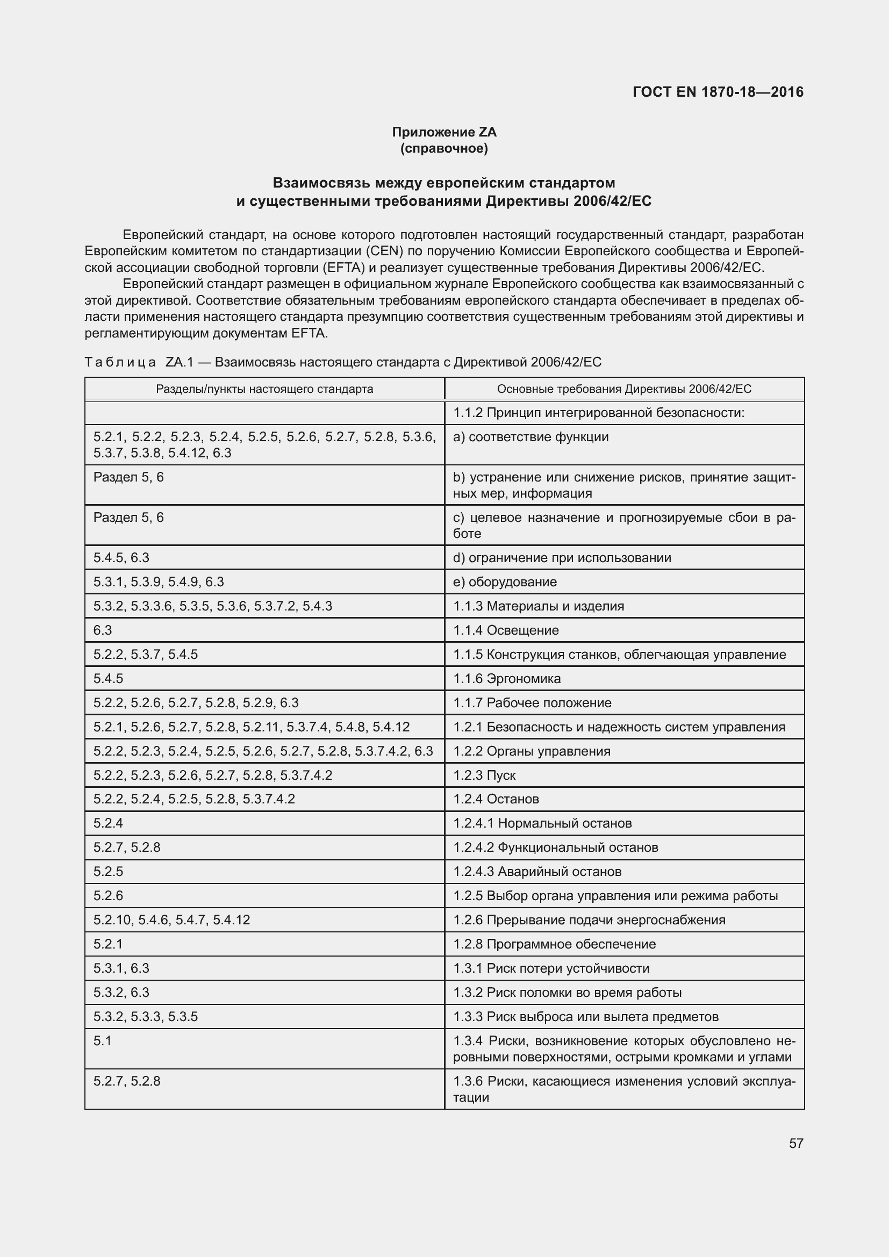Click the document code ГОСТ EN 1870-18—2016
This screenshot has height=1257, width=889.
718,92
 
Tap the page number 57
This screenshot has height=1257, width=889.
796,1143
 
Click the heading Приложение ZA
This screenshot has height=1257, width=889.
444,132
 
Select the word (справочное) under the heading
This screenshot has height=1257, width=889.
444,148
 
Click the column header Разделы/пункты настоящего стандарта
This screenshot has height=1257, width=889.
264,389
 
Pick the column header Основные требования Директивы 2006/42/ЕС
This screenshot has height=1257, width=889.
624,389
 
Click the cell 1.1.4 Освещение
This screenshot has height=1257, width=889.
506,630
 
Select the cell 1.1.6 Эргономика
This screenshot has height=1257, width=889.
507,678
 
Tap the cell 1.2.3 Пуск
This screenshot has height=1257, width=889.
484,775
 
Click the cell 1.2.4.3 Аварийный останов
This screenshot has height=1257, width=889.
537,872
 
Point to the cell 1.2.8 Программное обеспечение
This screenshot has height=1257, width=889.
555,944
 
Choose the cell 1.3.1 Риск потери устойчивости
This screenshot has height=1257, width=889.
551,968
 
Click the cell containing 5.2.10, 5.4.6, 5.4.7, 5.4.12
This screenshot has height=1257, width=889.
172,920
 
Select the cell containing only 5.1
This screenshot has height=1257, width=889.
102,1041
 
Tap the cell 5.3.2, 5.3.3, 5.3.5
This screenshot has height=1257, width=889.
146,1017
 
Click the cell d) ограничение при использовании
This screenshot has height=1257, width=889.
562,558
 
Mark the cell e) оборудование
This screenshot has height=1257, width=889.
505,582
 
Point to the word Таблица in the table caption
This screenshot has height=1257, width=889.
120,362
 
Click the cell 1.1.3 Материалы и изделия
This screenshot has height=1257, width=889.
539,606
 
